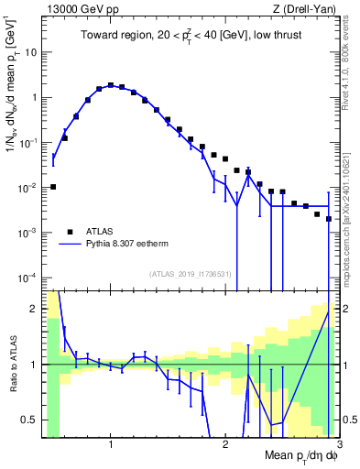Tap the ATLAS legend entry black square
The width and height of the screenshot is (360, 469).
[70, 232]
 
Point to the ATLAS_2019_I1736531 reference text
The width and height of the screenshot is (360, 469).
[189, 274]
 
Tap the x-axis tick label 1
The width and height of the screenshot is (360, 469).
[110, 444]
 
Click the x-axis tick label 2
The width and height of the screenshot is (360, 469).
[225, 444]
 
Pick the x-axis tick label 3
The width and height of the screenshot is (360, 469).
[339, 444]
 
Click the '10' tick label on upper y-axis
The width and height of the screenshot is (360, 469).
[30, 52]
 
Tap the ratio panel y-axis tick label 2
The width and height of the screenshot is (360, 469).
[34, 309]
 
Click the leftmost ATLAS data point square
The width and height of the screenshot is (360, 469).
[53, 187]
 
